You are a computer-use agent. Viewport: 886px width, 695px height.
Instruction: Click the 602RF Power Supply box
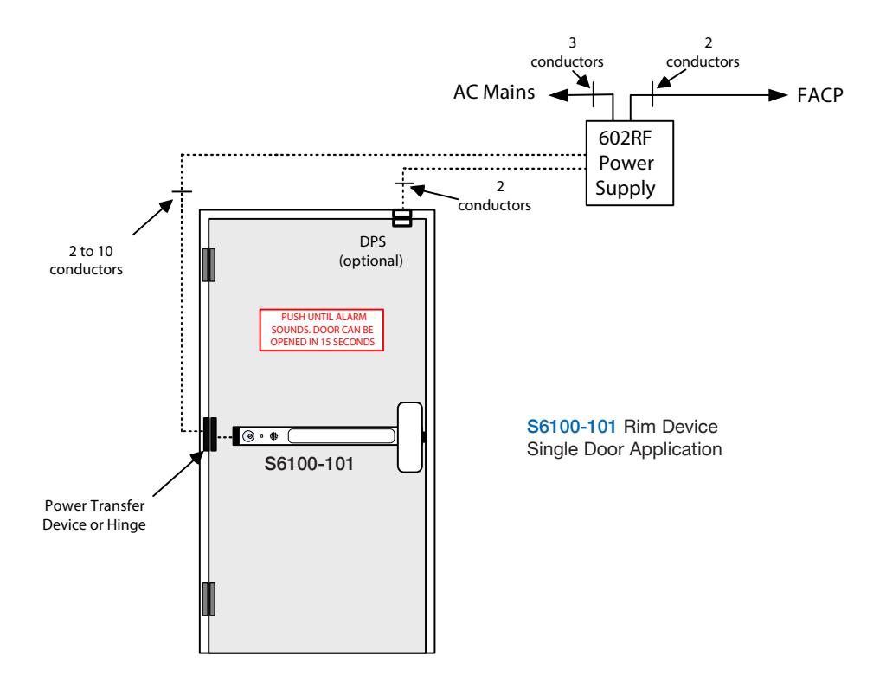click(x=630, y=163)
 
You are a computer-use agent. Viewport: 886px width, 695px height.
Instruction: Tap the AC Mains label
click(x=494, y=92)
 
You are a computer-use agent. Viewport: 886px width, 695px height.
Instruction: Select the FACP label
click(x=820, y=95)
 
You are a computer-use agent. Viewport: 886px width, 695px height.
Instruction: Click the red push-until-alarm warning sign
click(x=322, y=330)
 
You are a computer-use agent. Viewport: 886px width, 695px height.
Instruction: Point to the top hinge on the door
click(x=209, y=265)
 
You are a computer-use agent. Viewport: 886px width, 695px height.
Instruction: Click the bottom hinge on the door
click(x=209, y=599)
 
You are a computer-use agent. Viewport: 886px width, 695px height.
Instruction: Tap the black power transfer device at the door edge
click(x=209, y=434)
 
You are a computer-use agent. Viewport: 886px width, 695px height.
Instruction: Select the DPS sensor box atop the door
click(x=401, y=217)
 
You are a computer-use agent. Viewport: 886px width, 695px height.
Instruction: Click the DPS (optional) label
click(x=371, y=252)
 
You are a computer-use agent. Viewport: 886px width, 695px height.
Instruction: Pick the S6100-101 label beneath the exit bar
click(x=309, y=464)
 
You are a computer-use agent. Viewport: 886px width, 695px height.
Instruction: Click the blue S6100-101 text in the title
click(x=571, y=427)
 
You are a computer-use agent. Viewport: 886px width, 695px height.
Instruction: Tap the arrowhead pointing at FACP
click(x=778, y=95)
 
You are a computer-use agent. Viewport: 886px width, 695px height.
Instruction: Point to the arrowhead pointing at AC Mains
click(x=559, y=95)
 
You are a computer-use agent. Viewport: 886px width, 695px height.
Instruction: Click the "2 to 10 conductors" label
click(x=87, y=260)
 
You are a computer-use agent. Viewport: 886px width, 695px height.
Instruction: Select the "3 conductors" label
click(x=567, y=53)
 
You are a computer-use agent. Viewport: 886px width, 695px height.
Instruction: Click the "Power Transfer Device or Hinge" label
click(x=94, y=515)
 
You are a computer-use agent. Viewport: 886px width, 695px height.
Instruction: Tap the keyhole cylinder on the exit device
click(x=248, y=436)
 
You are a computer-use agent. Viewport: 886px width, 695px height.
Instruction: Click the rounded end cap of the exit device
click(x=410, y=437)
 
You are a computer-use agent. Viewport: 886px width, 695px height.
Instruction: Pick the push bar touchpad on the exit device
click(x=341, y=435)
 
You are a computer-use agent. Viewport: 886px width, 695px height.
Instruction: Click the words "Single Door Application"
click(x=625, y=449)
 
